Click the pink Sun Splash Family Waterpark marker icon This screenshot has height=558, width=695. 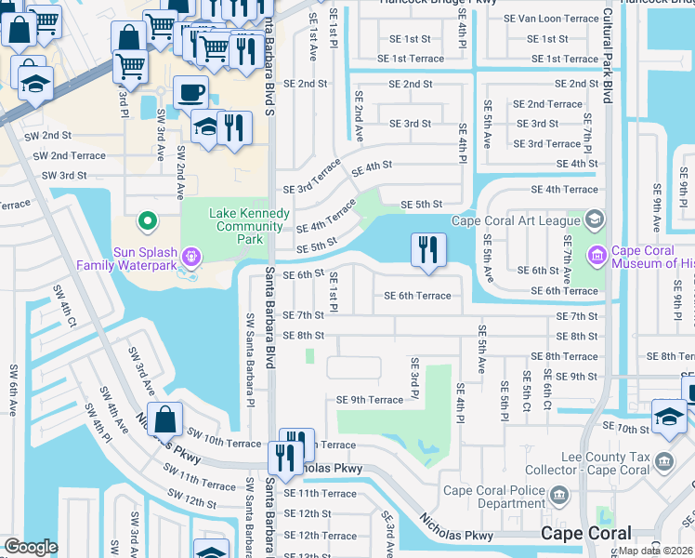(x=191, y=253)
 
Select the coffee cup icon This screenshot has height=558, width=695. (x=190, y=94)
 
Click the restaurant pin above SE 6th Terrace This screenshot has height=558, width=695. (x=428, y=250)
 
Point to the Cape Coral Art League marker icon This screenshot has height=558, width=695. (x=595, y=219)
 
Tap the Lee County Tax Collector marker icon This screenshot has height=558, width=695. (x=662, y=460)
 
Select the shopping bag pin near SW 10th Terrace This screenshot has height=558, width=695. (x=164, y=420)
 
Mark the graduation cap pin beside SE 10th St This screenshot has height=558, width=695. (x=669, y=417)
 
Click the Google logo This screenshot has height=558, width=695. (x=31, y=547)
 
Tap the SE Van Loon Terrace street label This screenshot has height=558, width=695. (x=557, y=19)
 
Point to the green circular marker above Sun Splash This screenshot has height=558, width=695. (x=146, y=221)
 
